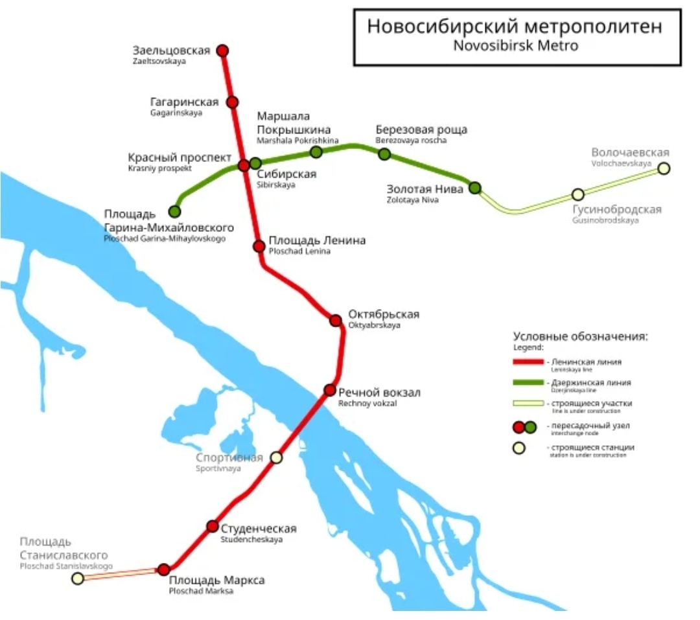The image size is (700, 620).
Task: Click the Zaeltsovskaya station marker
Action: [222, 51]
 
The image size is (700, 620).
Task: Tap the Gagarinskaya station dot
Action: [232, 102]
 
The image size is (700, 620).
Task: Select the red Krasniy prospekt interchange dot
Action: [244, 165]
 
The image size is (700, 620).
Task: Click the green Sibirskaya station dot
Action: [255, 163]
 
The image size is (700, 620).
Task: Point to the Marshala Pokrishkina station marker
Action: [316, 152]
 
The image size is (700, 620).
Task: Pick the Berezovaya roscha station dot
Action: [384, 154]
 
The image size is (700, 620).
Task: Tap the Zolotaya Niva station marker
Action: [475, 188]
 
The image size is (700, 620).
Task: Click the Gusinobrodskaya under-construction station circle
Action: [578, 194]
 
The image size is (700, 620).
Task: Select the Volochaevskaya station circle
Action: [664, 168]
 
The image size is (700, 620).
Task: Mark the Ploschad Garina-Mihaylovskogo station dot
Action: [174, 211]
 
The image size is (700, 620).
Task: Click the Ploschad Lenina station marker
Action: [259, 246]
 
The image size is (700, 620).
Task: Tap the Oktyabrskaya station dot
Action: [336, 320]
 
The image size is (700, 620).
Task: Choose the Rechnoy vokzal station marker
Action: [330, 390]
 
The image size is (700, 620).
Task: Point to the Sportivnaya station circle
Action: [277, 457]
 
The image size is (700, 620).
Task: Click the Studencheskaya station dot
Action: [213, 526]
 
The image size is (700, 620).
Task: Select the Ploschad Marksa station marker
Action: [164, 569]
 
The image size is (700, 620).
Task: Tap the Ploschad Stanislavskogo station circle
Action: [78, 579]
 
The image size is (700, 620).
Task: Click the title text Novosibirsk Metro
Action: [516, 46]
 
